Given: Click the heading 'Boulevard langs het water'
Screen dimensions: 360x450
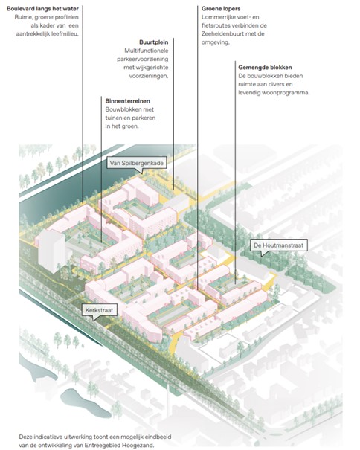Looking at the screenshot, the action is tap(42, 9).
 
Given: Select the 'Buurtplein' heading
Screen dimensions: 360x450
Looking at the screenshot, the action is tap(154, 42).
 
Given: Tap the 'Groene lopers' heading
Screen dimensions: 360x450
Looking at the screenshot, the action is tap(221, 9).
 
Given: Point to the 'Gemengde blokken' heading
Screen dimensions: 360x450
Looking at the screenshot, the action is tap(265, 68).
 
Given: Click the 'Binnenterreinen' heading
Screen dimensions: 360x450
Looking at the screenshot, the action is tap(127, 101).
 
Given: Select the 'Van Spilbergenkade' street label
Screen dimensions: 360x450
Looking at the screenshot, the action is tap(136, 164).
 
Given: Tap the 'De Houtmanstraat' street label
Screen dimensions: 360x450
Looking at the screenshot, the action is tap(278, 245).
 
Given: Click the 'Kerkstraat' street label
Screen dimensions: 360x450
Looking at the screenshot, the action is tap(99, 310).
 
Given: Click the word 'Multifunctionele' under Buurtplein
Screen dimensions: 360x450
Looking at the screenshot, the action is tap(147, 51).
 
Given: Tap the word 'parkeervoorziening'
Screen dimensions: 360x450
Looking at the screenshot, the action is tap(143, 59).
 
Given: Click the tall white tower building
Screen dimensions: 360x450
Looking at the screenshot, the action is tap(51, 251).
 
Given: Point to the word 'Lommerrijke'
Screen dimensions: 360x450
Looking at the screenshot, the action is tap(217, 17).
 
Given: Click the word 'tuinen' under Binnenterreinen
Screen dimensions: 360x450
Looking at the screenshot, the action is tap(113, 118).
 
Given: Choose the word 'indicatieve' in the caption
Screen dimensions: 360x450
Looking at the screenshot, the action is tap(48, 437).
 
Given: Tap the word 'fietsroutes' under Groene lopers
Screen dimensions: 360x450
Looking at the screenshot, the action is tap(215, 25).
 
